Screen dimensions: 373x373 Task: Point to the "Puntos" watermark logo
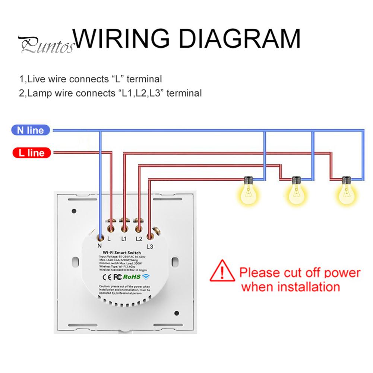(46, 46)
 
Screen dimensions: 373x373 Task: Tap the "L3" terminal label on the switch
(150, 246)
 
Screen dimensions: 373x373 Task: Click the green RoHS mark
(132, 277)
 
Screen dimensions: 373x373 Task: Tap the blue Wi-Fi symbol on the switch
(145, 277)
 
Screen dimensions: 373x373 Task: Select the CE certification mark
(105, 277)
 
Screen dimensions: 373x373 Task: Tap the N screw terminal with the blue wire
(100, 236)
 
